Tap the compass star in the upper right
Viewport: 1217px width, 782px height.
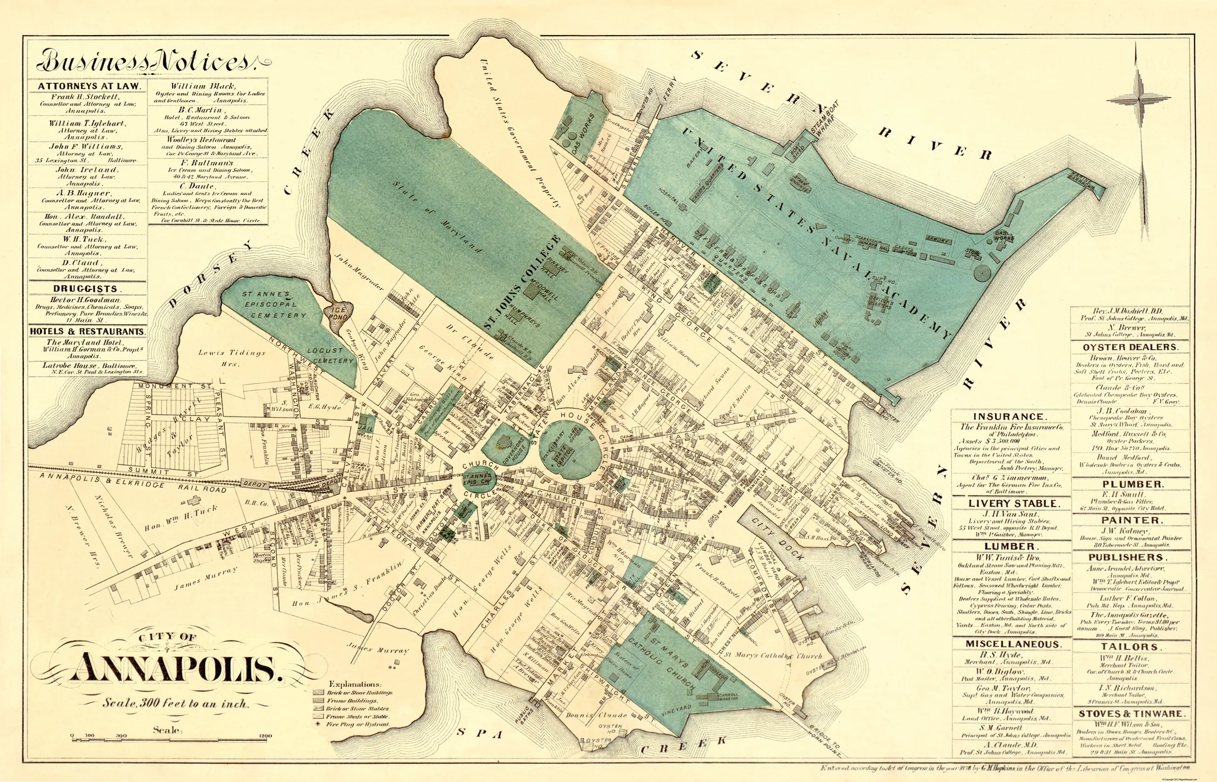click(1138, 99)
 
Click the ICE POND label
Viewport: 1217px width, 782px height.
click(338, 313)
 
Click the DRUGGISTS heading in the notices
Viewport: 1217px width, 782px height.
click(86, 289)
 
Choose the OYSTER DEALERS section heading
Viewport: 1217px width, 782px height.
click(1130, 347)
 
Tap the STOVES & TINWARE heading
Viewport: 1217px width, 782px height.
click(1130, 714)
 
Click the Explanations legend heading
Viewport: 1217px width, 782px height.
click(355, 684)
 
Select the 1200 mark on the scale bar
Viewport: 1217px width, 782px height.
click(265, 736)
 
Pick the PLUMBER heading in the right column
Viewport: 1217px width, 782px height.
click(1133, 484)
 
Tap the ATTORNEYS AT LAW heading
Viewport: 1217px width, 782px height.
click(89, 86)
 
